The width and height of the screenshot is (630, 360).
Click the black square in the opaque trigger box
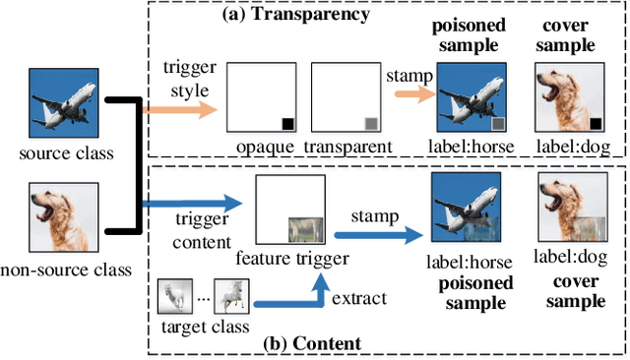pyautogui.click(x=287, y=124)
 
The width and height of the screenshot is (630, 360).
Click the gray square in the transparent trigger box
pyautogui.click(x=370, y=124)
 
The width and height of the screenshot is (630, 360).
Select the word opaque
pyautogui.click(x=263, y=146)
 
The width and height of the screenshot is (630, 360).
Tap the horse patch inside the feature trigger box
pyautogui.click(x=305, y=229)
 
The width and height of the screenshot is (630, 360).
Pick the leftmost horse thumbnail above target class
pyautogui.click(x=174, y=294)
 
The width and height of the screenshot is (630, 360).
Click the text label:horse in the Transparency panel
pyautogui.click(x=469, y=146)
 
